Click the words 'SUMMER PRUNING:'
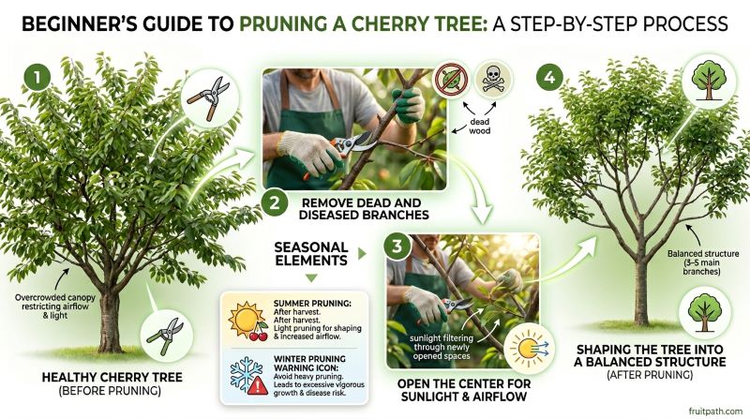coord(302,303)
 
